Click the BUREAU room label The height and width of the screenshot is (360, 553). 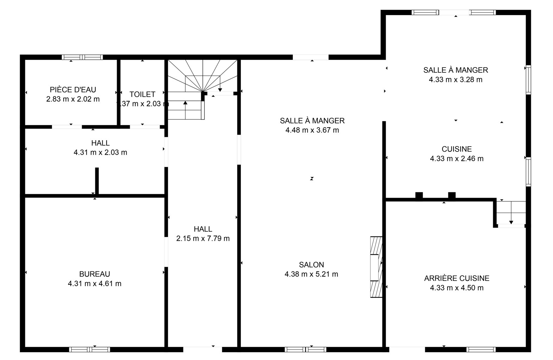point(95,274)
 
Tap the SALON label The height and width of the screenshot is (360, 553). point(311,265)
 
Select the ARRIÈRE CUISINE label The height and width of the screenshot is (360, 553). point(457,278)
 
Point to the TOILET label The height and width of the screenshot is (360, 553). point(142,94)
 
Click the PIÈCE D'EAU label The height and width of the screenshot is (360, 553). point(73,89)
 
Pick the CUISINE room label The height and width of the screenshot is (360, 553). point(457,149)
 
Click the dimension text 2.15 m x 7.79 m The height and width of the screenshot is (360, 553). point(203,238)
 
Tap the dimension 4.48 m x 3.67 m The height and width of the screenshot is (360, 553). point(312,130)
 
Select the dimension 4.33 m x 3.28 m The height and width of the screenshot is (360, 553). point(456,79)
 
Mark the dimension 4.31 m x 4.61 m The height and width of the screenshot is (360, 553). point(95,283)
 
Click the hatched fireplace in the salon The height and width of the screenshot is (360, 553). point(376,267)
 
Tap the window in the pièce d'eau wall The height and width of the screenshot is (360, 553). point(82,57)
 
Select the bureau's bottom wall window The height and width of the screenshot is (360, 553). point(89,349)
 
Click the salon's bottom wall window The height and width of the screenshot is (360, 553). point(306,349)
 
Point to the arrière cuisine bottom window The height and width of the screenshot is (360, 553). point(481,349)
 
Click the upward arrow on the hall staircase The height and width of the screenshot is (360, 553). point(185,110)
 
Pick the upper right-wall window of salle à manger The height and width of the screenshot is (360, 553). point(528,79)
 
